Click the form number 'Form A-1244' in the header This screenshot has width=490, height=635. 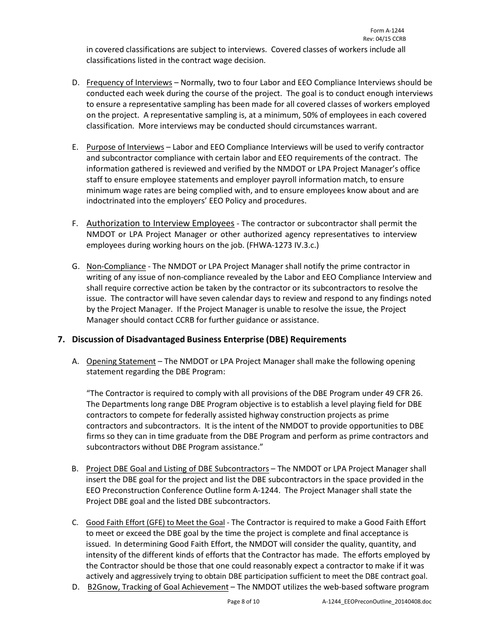pyautogui.click(x=387, y=31)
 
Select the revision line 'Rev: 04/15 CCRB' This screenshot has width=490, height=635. pyautogui.click(x=384, y=39)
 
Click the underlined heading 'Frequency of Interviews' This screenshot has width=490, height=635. pyautogui.click(x=129, y=83)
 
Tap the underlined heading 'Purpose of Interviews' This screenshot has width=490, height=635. pyautogui.click(x=125, y=147)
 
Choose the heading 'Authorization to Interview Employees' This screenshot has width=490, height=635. pyautogui.click(x=160, y=224)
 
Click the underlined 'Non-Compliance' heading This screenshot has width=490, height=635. pyautogui.click(x=116, y=266)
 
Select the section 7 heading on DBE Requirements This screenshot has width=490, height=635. pyautogui.click(x=209, y=339)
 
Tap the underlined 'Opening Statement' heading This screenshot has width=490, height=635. pyautogui.click(x=121, y=361)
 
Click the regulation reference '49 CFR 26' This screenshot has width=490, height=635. pyautogui.click(x=398, y=393)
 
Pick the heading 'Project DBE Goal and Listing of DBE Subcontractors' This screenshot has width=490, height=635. pyautogui.click(x=177, y=469)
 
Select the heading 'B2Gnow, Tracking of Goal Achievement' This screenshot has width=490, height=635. pyautogui.click(x=158, y=587)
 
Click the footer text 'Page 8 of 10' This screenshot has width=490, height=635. pyautogui.click(x=243, y=601)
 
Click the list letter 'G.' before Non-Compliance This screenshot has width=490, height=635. pyautogui.click(x=76, y=266)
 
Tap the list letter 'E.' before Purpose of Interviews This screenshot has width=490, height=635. pyautogui.click(x=75, y=147)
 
